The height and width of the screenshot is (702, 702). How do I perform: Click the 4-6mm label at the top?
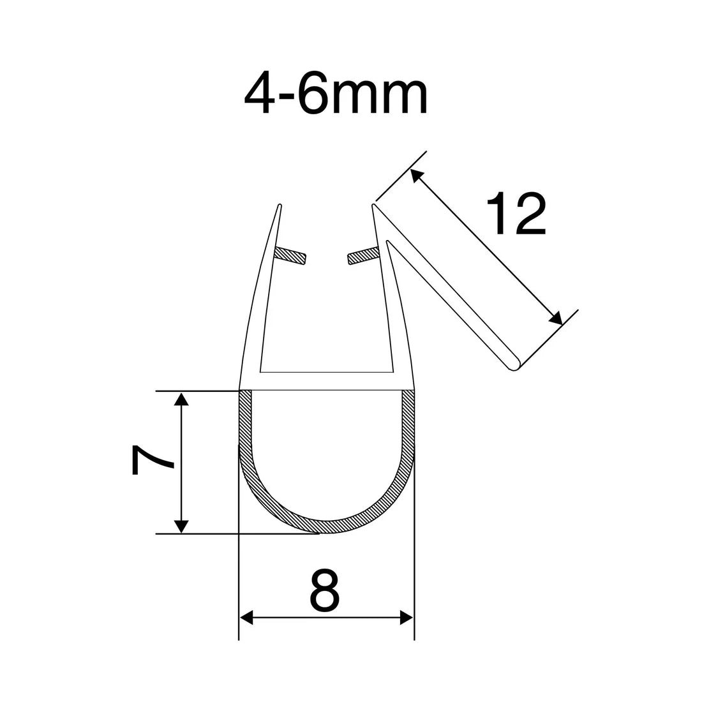click(x=334, y=94)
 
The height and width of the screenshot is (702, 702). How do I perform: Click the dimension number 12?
click(x=516, y=214)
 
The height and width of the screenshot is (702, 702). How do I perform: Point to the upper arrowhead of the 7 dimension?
click(x=182, y=399)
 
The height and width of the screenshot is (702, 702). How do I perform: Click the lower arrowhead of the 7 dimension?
click(x=182, y=526)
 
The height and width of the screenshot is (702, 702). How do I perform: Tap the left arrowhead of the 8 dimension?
click(x=246, y=617)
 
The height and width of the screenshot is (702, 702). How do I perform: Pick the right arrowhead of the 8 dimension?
click(x=406, y=617)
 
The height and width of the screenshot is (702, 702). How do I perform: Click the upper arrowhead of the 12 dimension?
click(x=417, y=176)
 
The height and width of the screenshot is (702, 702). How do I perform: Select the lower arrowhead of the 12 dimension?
click(x=555, y=317)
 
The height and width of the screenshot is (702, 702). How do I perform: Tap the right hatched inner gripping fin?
click(x=364, y=255)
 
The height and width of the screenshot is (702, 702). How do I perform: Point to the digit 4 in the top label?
click(x=259, y=94)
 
